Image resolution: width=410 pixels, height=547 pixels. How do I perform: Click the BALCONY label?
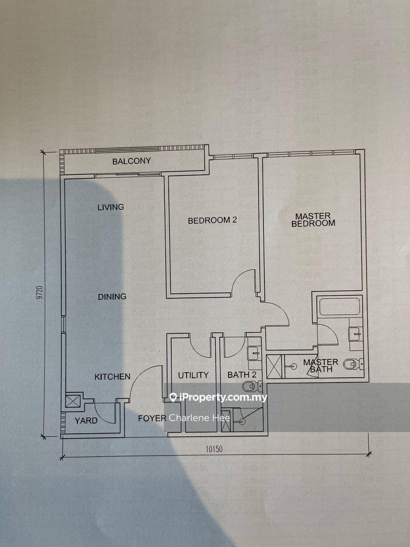pos(132,161)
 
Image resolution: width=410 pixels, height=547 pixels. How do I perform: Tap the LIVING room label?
pos(111,207)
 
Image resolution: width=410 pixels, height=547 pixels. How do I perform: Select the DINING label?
pos(112,297)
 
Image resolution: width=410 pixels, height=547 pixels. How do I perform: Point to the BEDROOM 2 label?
pos(212,220)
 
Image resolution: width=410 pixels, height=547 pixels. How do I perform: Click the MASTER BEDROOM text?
pos(313,220)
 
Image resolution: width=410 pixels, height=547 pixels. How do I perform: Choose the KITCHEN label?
pos(112,376)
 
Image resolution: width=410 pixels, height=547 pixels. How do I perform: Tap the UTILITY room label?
pos(193,375)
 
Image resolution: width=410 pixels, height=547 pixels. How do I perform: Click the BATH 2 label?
pos(242,374)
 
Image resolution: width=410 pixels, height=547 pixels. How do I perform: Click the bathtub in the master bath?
pos(340,306)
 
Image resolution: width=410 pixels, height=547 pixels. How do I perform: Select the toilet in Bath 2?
pos(252,386)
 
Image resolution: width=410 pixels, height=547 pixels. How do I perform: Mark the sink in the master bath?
pos(354,334)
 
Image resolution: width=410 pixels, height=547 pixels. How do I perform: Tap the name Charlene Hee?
pos(199,418)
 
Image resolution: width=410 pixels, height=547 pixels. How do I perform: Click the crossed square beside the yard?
pos(73,401)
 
